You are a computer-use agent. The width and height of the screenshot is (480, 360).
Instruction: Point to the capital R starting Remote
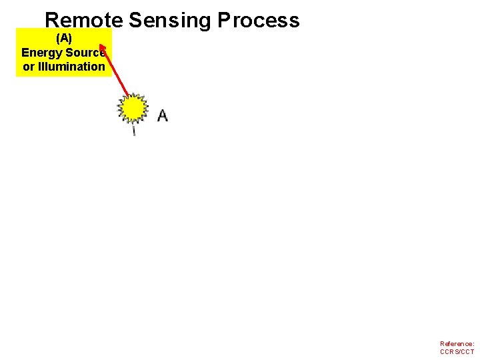point(52,20)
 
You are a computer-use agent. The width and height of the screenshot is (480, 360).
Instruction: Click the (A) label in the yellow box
point(64,39)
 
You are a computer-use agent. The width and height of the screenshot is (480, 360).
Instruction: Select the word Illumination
point(73,67)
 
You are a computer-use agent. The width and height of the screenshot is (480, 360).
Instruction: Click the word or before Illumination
point(29,67)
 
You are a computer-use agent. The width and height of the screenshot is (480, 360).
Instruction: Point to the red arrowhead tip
point(102,47)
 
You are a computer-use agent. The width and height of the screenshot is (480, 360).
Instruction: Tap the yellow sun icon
point(133,108)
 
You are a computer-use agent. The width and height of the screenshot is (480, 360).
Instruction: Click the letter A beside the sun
point(162,115)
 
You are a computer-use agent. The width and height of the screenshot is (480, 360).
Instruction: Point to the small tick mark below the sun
point(134,130)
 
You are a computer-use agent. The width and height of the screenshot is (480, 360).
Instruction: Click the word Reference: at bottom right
point(457,344)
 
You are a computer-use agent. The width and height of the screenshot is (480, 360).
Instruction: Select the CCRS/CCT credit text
point(457,351)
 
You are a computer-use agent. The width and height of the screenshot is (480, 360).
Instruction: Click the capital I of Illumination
point(42,67)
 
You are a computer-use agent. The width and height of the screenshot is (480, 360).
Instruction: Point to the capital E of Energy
point(25,53)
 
